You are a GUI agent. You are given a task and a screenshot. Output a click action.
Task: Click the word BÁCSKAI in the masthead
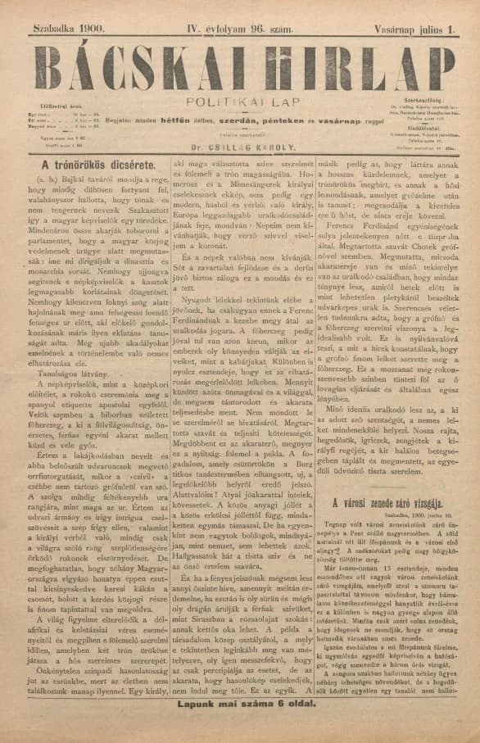point(131,67)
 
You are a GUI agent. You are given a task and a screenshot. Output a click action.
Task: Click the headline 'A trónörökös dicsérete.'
point(94,166)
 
